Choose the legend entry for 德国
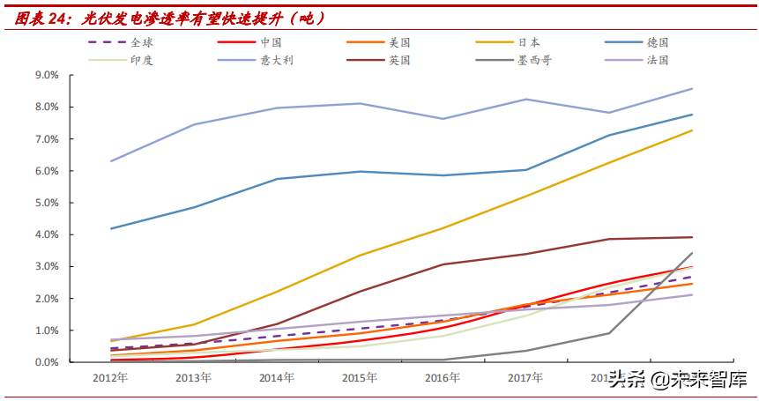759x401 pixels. (658, 42)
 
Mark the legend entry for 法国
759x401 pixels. (658, 61)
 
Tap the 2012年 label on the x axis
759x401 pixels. (111, 378)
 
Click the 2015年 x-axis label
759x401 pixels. (360, 378)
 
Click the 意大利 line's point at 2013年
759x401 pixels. (194, 124)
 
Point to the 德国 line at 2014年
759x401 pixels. (277, 179)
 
